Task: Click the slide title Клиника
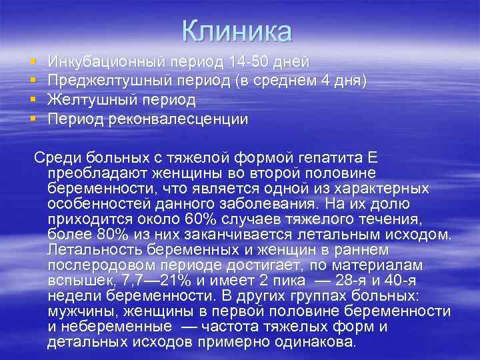pos(237,31)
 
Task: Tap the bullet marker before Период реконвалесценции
pos(33,120)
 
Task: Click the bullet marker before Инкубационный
pos(33,62)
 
